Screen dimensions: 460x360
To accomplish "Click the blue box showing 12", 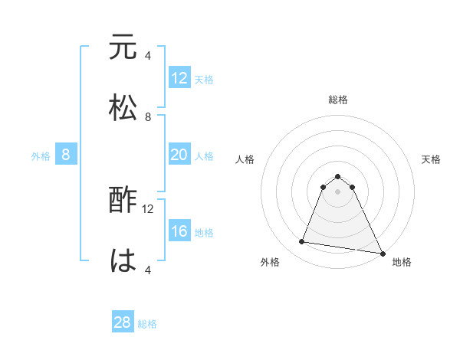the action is pyautogui.click(x=179, y=78).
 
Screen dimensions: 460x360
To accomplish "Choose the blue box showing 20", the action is pyautogui.click(x=179, y=155).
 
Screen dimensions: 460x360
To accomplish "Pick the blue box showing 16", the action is pyautogui.click(x=179, y=231).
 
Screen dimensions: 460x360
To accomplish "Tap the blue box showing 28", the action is pyautogui.click(x=123, y=322).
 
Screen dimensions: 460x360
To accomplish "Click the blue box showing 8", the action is pyautogui.click(x=66, y=155).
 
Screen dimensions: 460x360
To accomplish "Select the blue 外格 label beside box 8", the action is pyautogui.click(x=41, y=156).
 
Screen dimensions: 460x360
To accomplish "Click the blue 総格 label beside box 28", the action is pyautogui.click(x=147, y=324).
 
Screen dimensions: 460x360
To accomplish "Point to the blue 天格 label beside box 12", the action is pyautogui.click(x=204, y=80).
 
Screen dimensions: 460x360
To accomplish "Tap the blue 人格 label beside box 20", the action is pyautogui.click(x=204, y=156).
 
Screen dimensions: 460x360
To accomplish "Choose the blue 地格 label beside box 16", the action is pyautogui.click(x=204, y=233).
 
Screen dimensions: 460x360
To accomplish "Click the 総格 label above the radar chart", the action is pyautogui.click(x=338, y=100).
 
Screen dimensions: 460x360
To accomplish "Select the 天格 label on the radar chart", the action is pyautogui.click(x=432, y=159).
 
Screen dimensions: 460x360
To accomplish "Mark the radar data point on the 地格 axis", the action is pyautogui.click(x=382, y=254).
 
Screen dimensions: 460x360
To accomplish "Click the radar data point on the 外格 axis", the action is pyautogui.click(x=302, y=242).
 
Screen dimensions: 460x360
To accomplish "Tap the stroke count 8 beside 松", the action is pyautogui.click(x=148, y=116).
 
